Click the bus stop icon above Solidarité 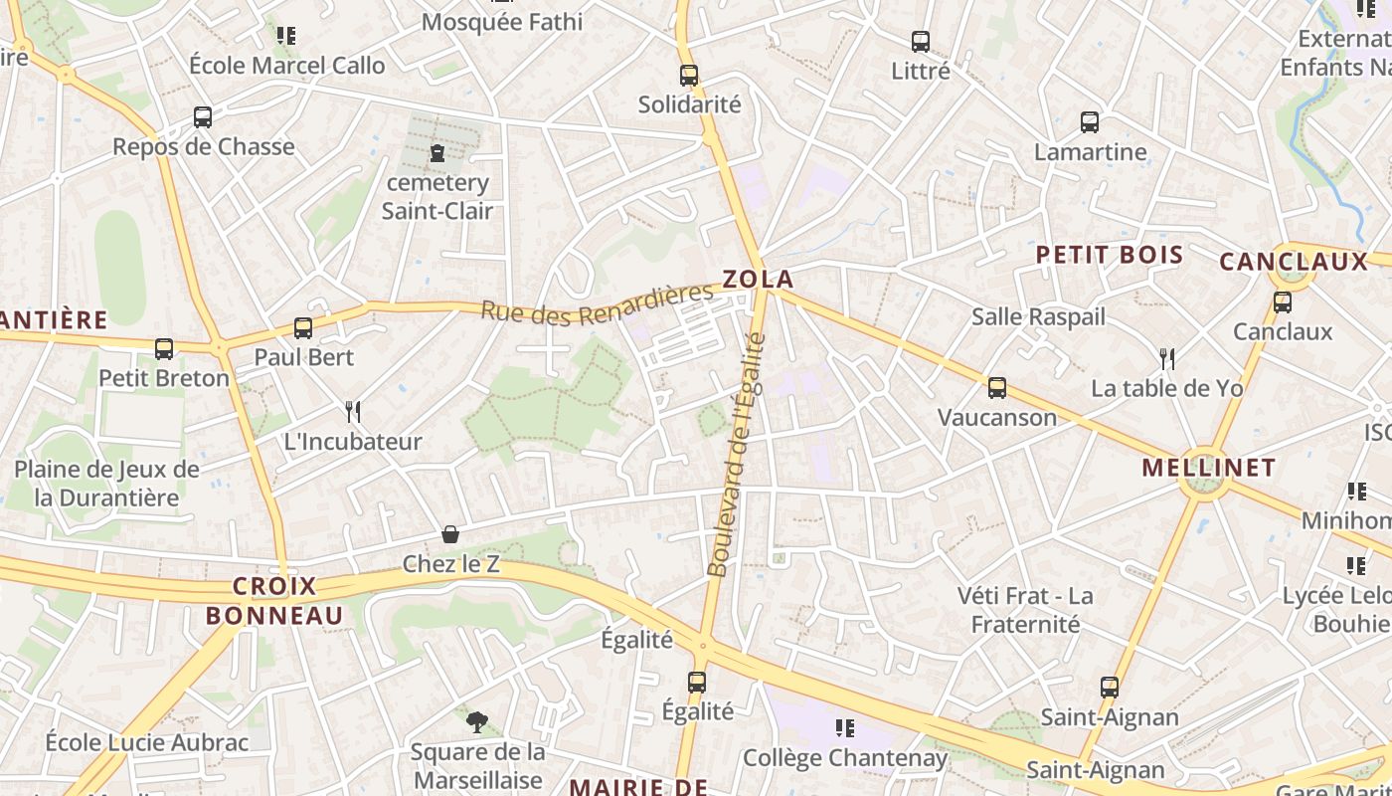[x=689, y=75]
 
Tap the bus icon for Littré [x=921, y=42]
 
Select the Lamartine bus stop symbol [x=1090, y=122]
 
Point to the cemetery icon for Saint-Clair [x=436, y=153]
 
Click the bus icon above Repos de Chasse [x=203, y=116]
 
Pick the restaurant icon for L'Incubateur [x=352, y=411]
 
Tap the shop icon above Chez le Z [x=450, y=534]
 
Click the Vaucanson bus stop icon [x=997, y=387]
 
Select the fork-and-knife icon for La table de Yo [x=1167, y=358]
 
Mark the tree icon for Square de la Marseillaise [x=477, y=721]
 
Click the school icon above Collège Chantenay [x=845, y=728]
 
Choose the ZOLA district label [x=758, y=279]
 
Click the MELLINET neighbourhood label [x=1208, y=467]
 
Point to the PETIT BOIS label [x=1110, y=255]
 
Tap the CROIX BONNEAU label [x=274, y=601]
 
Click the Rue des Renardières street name [x=598, y=302]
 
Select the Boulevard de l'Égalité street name [x=737, y=455]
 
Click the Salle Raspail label [x=1038, y=316]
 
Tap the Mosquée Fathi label [x=502, y=22]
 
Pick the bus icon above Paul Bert [x=303, y=327]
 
